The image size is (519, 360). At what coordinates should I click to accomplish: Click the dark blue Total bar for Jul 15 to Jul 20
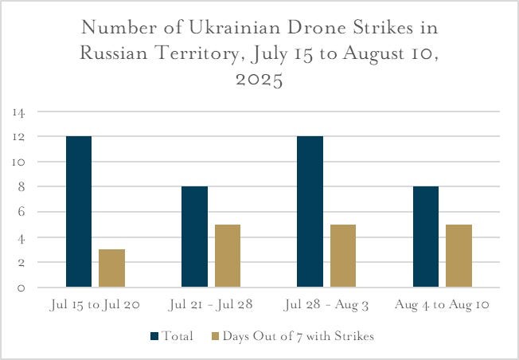coord(79,212)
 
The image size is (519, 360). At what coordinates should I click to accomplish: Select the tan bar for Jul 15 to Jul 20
coord(111,268)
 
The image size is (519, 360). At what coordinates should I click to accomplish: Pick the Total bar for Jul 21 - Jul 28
coord(194,237)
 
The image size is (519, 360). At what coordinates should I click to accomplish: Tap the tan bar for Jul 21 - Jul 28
coord(227,256)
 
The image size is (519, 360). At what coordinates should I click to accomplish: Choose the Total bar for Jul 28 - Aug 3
coord(310,212)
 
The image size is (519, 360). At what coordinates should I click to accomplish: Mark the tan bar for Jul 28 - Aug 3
coord(342,256)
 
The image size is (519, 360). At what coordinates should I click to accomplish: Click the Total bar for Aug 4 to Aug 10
coord(425,237)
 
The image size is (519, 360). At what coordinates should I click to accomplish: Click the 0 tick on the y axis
coord(21,288)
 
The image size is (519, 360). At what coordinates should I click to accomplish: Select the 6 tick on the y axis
coord(21,212)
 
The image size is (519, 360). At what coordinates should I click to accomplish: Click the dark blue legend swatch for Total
coord(154,336)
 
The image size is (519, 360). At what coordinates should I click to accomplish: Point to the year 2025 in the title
coord(259,80)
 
